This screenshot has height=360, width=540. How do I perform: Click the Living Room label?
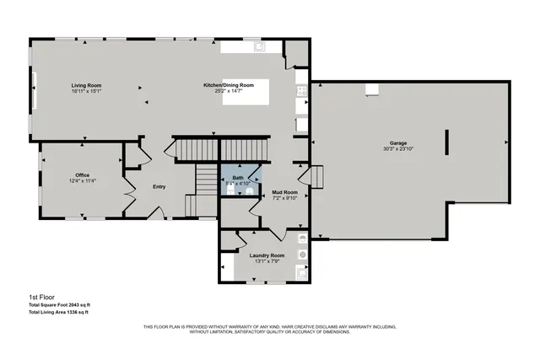86,85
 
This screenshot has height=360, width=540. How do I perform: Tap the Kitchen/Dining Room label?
228,85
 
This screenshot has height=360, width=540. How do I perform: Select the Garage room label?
398,143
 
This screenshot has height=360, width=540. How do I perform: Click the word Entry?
159,187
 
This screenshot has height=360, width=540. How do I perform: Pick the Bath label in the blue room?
239,177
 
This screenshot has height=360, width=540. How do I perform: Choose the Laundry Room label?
267,255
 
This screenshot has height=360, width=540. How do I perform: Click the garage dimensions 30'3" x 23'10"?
398,149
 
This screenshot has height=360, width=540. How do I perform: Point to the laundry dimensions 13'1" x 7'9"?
267,261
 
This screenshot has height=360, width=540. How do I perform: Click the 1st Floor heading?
42,297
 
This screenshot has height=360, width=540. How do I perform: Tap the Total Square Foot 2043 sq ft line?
59,304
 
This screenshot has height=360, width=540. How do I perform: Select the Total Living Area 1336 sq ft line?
58,312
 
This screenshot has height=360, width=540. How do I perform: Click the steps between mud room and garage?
318,178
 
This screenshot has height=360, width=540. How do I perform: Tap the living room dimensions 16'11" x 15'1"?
86,91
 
